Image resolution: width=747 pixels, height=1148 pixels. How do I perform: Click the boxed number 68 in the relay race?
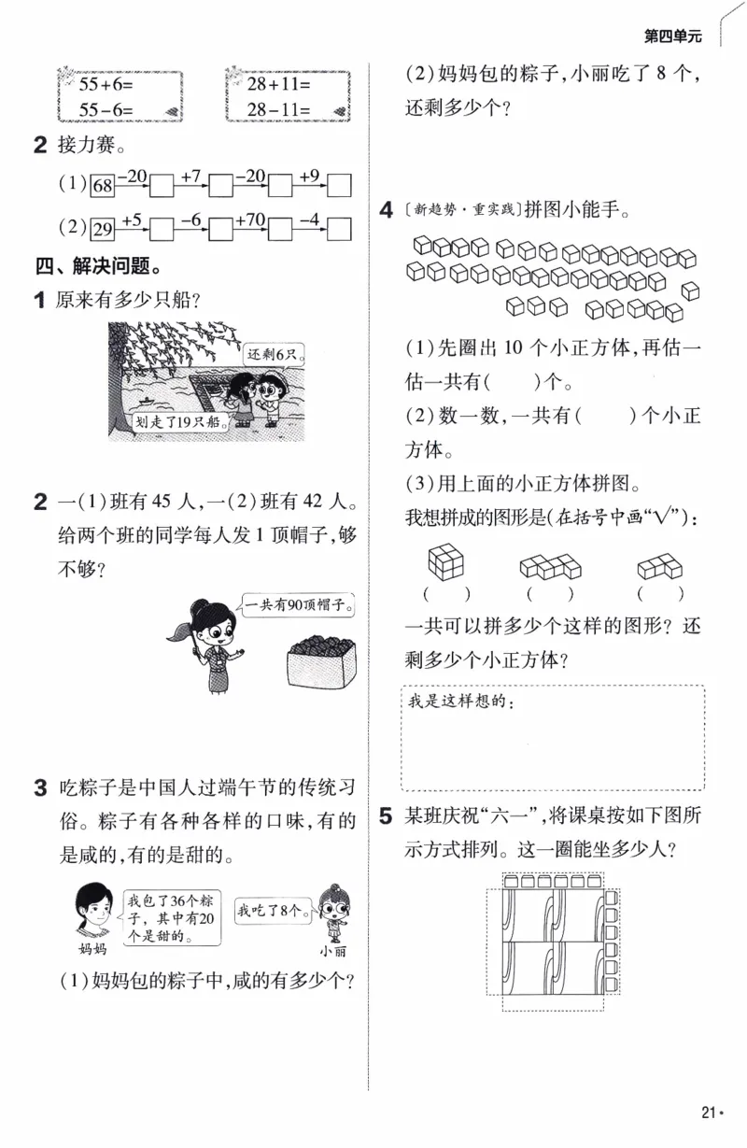coord(102,185)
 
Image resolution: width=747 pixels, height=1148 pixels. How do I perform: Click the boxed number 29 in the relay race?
coord(102,229)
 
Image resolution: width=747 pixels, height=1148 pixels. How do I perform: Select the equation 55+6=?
coord(96,84)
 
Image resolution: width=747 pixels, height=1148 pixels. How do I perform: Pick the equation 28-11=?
coord(279,109)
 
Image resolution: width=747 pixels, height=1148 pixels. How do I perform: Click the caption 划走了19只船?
coord(177,420)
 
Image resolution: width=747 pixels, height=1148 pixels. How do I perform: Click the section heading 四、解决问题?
coord(94,267)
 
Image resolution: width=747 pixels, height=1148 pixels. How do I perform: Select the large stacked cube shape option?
coord(445,561)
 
